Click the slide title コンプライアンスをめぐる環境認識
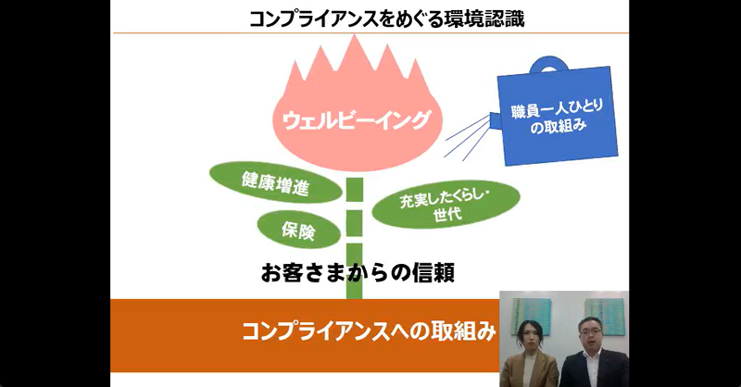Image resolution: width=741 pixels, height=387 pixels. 386,18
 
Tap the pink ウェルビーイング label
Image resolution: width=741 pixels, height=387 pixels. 357,120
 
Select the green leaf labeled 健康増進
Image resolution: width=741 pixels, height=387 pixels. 275,182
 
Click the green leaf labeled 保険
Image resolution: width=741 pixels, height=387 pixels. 298,230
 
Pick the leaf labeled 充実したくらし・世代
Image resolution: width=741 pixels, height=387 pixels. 446,204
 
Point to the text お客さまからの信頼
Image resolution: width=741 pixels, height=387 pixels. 358,273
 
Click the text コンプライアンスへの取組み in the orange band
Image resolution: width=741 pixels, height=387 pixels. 369,331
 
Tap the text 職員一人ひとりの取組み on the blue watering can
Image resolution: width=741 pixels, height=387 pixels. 558,117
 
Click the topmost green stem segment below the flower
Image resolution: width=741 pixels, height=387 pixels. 355,190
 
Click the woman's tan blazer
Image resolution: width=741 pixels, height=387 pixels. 529,370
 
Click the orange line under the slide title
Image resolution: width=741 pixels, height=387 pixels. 371,33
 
